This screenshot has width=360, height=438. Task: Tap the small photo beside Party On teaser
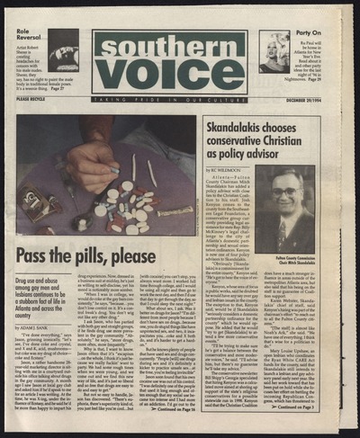point(273,51)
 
